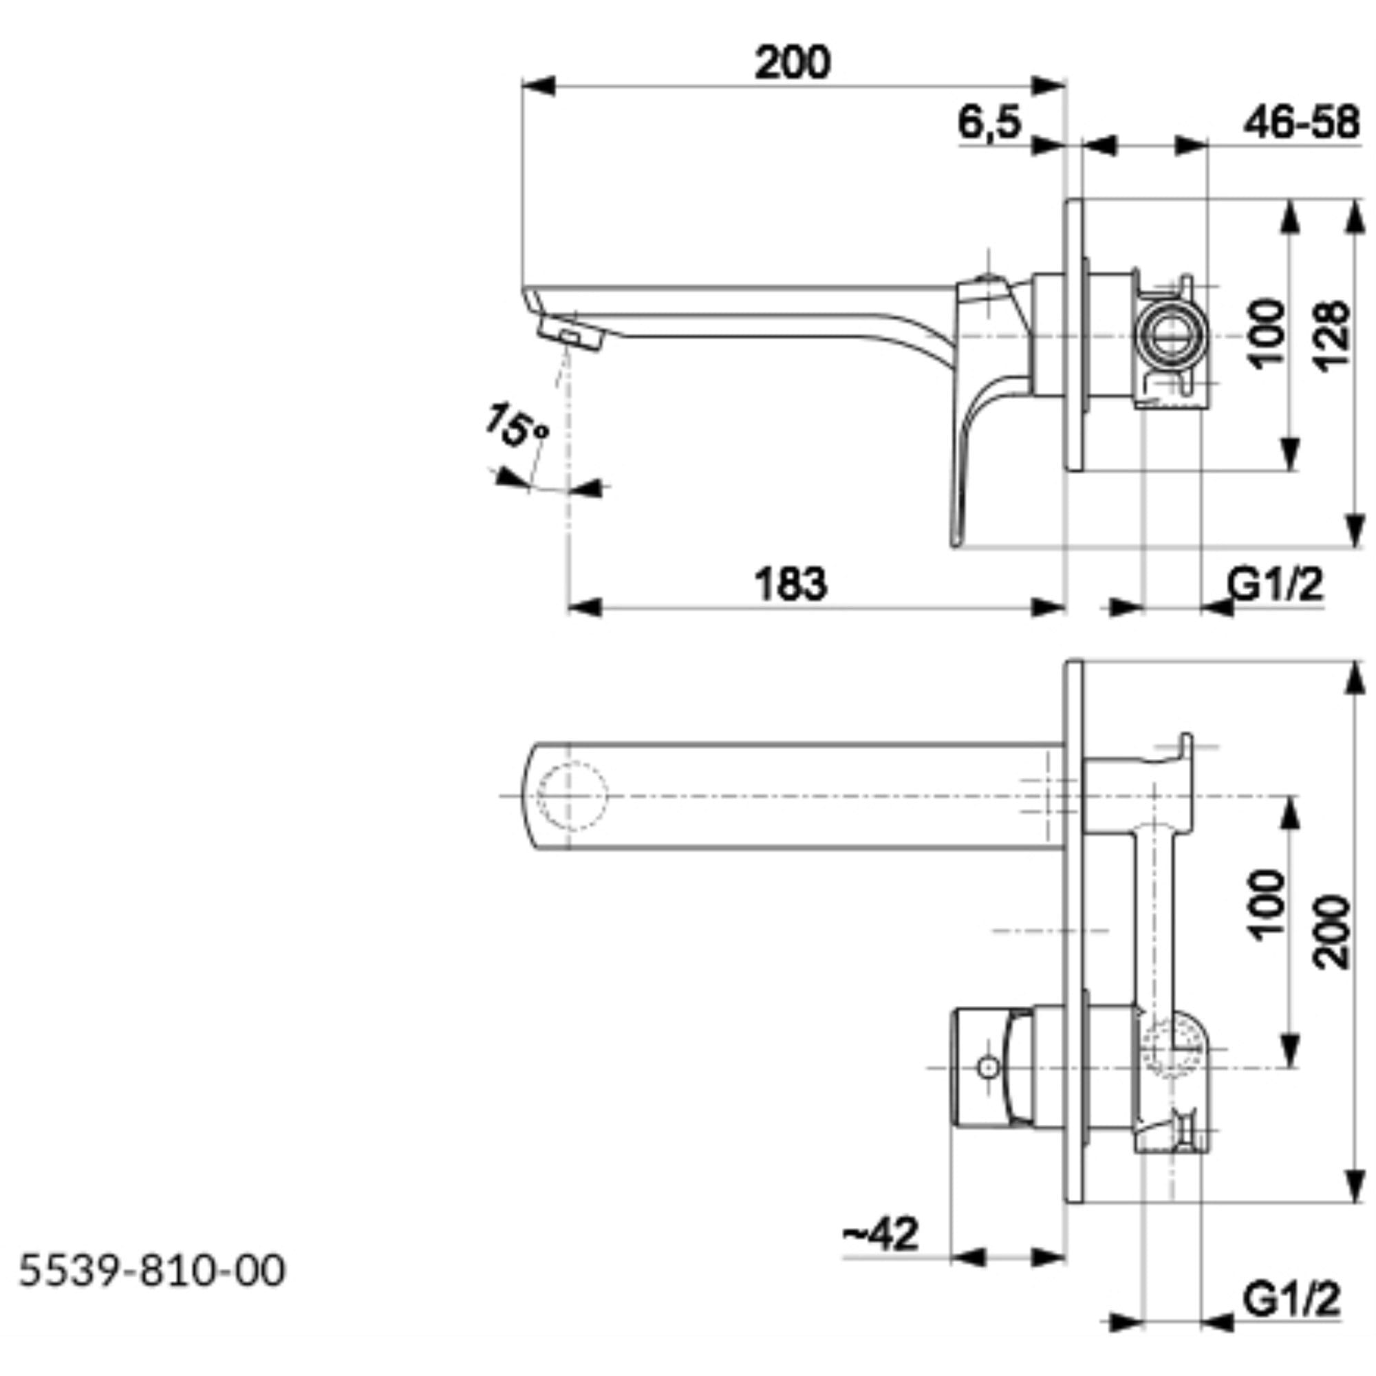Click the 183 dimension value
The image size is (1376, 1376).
pos(791,584)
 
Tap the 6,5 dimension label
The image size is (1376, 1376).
pos(989,122)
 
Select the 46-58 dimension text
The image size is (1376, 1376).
pos(1301,122)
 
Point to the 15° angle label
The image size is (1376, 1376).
pos(518,425)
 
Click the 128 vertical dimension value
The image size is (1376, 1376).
pos(1331,335)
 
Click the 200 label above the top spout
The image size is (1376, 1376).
pos(792,63)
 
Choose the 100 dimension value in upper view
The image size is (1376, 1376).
pos(1268,333)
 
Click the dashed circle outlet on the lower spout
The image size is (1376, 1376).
pos(572,795)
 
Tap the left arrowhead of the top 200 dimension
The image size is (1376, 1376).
pos(539,85)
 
